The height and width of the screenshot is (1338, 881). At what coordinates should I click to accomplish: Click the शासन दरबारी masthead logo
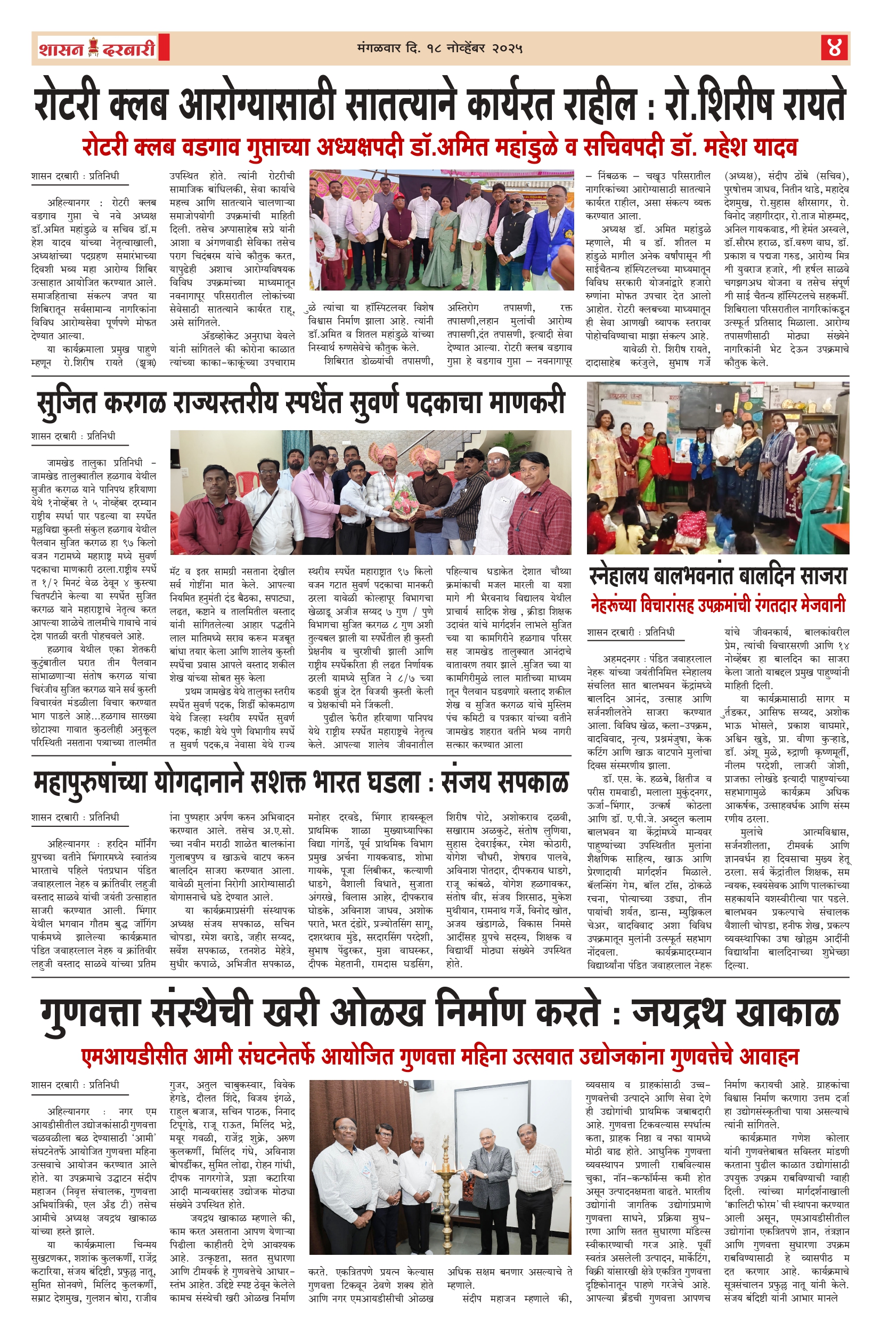(96, 49)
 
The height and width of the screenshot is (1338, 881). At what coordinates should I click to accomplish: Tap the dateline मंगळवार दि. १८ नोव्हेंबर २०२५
(439, 49)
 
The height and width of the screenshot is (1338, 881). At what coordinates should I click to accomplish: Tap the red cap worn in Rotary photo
(399, 196)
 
